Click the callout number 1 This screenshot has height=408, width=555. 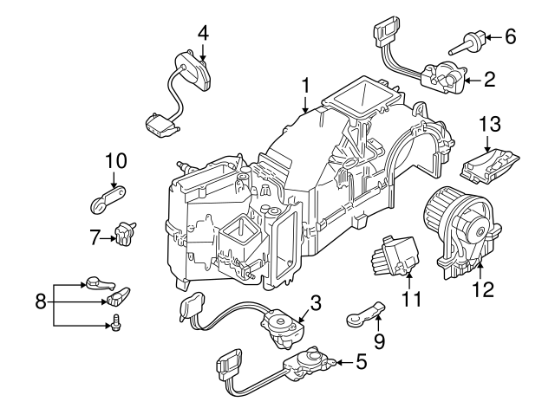(x=305, y=86)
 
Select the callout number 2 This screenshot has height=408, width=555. (x=489, y=81)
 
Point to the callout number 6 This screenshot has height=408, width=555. (x=510, y=36)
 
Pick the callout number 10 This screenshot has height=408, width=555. (x=115, y=161)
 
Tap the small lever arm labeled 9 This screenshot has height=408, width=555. (x=364, y=313)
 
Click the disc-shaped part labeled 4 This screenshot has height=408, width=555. (x=193, y=70)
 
